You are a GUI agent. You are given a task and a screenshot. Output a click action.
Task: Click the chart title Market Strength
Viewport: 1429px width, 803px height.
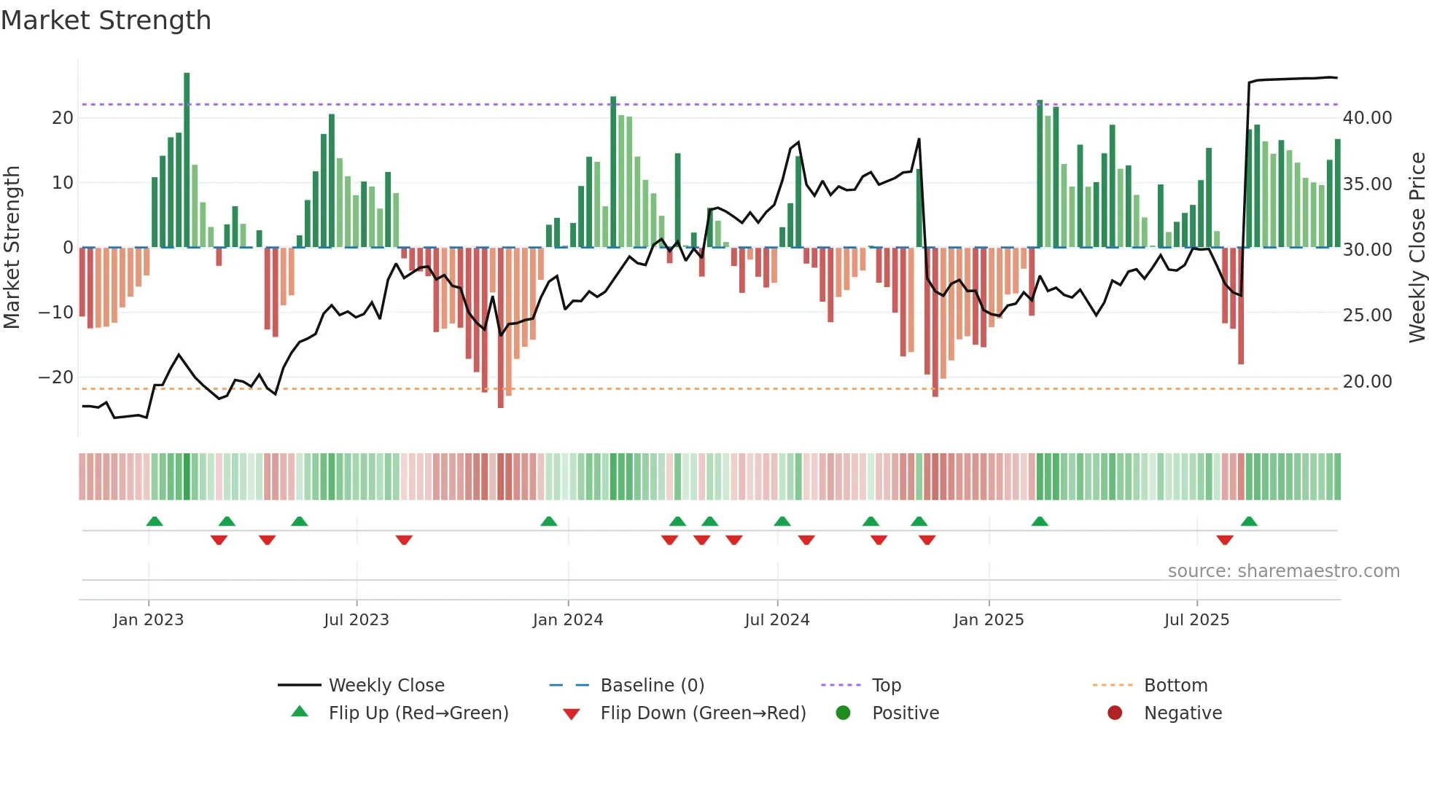pyautogui.click(x=106, y=20)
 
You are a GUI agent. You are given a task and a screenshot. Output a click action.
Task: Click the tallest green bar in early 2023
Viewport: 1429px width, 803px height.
pyautogui.click(x=187, y=160)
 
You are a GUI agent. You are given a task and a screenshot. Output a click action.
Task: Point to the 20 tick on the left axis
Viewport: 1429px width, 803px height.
pyautogui.click(x=63, y=118)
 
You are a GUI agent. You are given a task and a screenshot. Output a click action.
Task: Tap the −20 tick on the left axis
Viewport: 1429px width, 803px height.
pyautogui.click(x=56, y=377)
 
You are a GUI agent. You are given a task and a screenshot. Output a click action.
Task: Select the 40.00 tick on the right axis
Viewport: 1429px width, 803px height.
pyautogui.click(x=1367, y=118)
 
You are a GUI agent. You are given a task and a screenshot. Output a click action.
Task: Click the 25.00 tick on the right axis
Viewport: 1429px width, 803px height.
pyautogui.click(x=1367, y=316)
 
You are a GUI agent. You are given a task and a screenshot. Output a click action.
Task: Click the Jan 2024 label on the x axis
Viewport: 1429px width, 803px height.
pyautogui.click(x=568, y=620)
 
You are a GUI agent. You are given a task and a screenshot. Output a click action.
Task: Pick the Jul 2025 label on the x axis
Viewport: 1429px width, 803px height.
pyautogui.click(x=1196, y=620)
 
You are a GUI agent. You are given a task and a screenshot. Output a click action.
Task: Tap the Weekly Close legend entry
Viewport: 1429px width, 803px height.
pyautogui.click(x=386, y=686)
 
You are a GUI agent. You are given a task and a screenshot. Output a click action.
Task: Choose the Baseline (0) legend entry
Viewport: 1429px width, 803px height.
pyautogui.click(x=652, y=686)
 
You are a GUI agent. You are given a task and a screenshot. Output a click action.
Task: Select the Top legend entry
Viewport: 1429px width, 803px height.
pyautogui.click(x=887, y=686)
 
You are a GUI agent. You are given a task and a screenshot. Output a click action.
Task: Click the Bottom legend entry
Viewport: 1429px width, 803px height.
pyautogui.click(x=1175, y=686)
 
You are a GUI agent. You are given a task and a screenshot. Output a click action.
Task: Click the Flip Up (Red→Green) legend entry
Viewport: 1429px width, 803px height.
pyautogui.click(x=418, y=713)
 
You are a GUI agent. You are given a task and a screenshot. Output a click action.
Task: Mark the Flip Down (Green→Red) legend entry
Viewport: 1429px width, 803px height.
pyautogui.click(x=703, y=713)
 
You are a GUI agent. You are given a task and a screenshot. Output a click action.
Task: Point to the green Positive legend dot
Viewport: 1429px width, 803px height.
pyautogui.click(x=844, y=713)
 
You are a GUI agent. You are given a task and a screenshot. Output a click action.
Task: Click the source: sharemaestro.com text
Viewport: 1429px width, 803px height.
pyautogui.click(x=1283, y=571)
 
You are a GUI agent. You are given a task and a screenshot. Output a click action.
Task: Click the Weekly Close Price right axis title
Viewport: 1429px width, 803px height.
pyautogui.click(x=1417, y=248)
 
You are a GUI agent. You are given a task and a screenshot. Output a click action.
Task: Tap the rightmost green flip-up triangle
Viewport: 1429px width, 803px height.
pyautogui.click(x=1249, y=522)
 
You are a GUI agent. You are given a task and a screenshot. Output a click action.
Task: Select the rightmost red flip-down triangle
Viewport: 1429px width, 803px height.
pyautogui.click(x=1225, y=540)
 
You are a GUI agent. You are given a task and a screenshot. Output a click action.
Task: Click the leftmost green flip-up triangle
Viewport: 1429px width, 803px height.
pyautogui.click(x=155, y=522)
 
